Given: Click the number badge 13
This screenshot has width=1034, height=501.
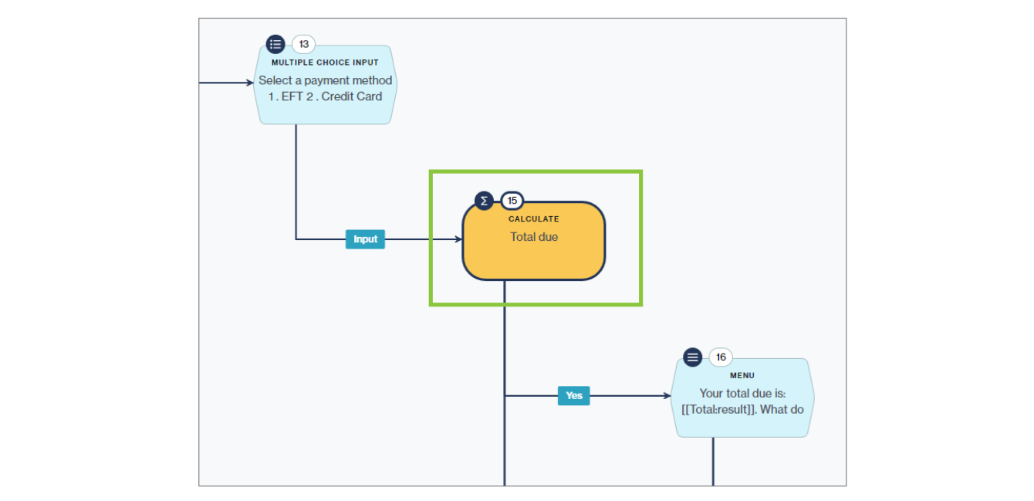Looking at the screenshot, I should point(303,44).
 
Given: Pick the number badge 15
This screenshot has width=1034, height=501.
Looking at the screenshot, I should point(512,201).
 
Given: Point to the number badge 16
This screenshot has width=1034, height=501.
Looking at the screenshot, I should point(721,357).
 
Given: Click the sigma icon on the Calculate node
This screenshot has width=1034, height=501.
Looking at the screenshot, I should point(484,201).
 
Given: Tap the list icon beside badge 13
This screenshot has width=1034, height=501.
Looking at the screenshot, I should point(275,44).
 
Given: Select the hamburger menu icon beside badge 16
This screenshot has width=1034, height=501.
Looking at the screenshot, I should point(692,357).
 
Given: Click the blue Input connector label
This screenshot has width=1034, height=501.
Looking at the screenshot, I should point(365,239).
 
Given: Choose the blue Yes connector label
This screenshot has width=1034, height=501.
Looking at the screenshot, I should point(573,396).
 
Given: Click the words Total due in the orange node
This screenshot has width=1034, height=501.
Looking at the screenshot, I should point(534,237).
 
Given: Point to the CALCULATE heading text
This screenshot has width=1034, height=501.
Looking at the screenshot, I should point(534,219).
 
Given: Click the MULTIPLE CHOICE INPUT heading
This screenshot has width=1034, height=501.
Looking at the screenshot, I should point(326,63).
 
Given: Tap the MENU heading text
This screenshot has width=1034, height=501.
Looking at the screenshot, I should point(742,376).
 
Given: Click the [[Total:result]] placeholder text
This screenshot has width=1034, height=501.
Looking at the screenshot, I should point(717,409).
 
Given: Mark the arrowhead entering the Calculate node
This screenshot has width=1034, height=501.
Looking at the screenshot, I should point(458,239).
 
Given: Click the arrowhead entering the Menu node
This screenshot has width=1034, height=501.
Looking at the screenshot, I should point(667,396).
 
